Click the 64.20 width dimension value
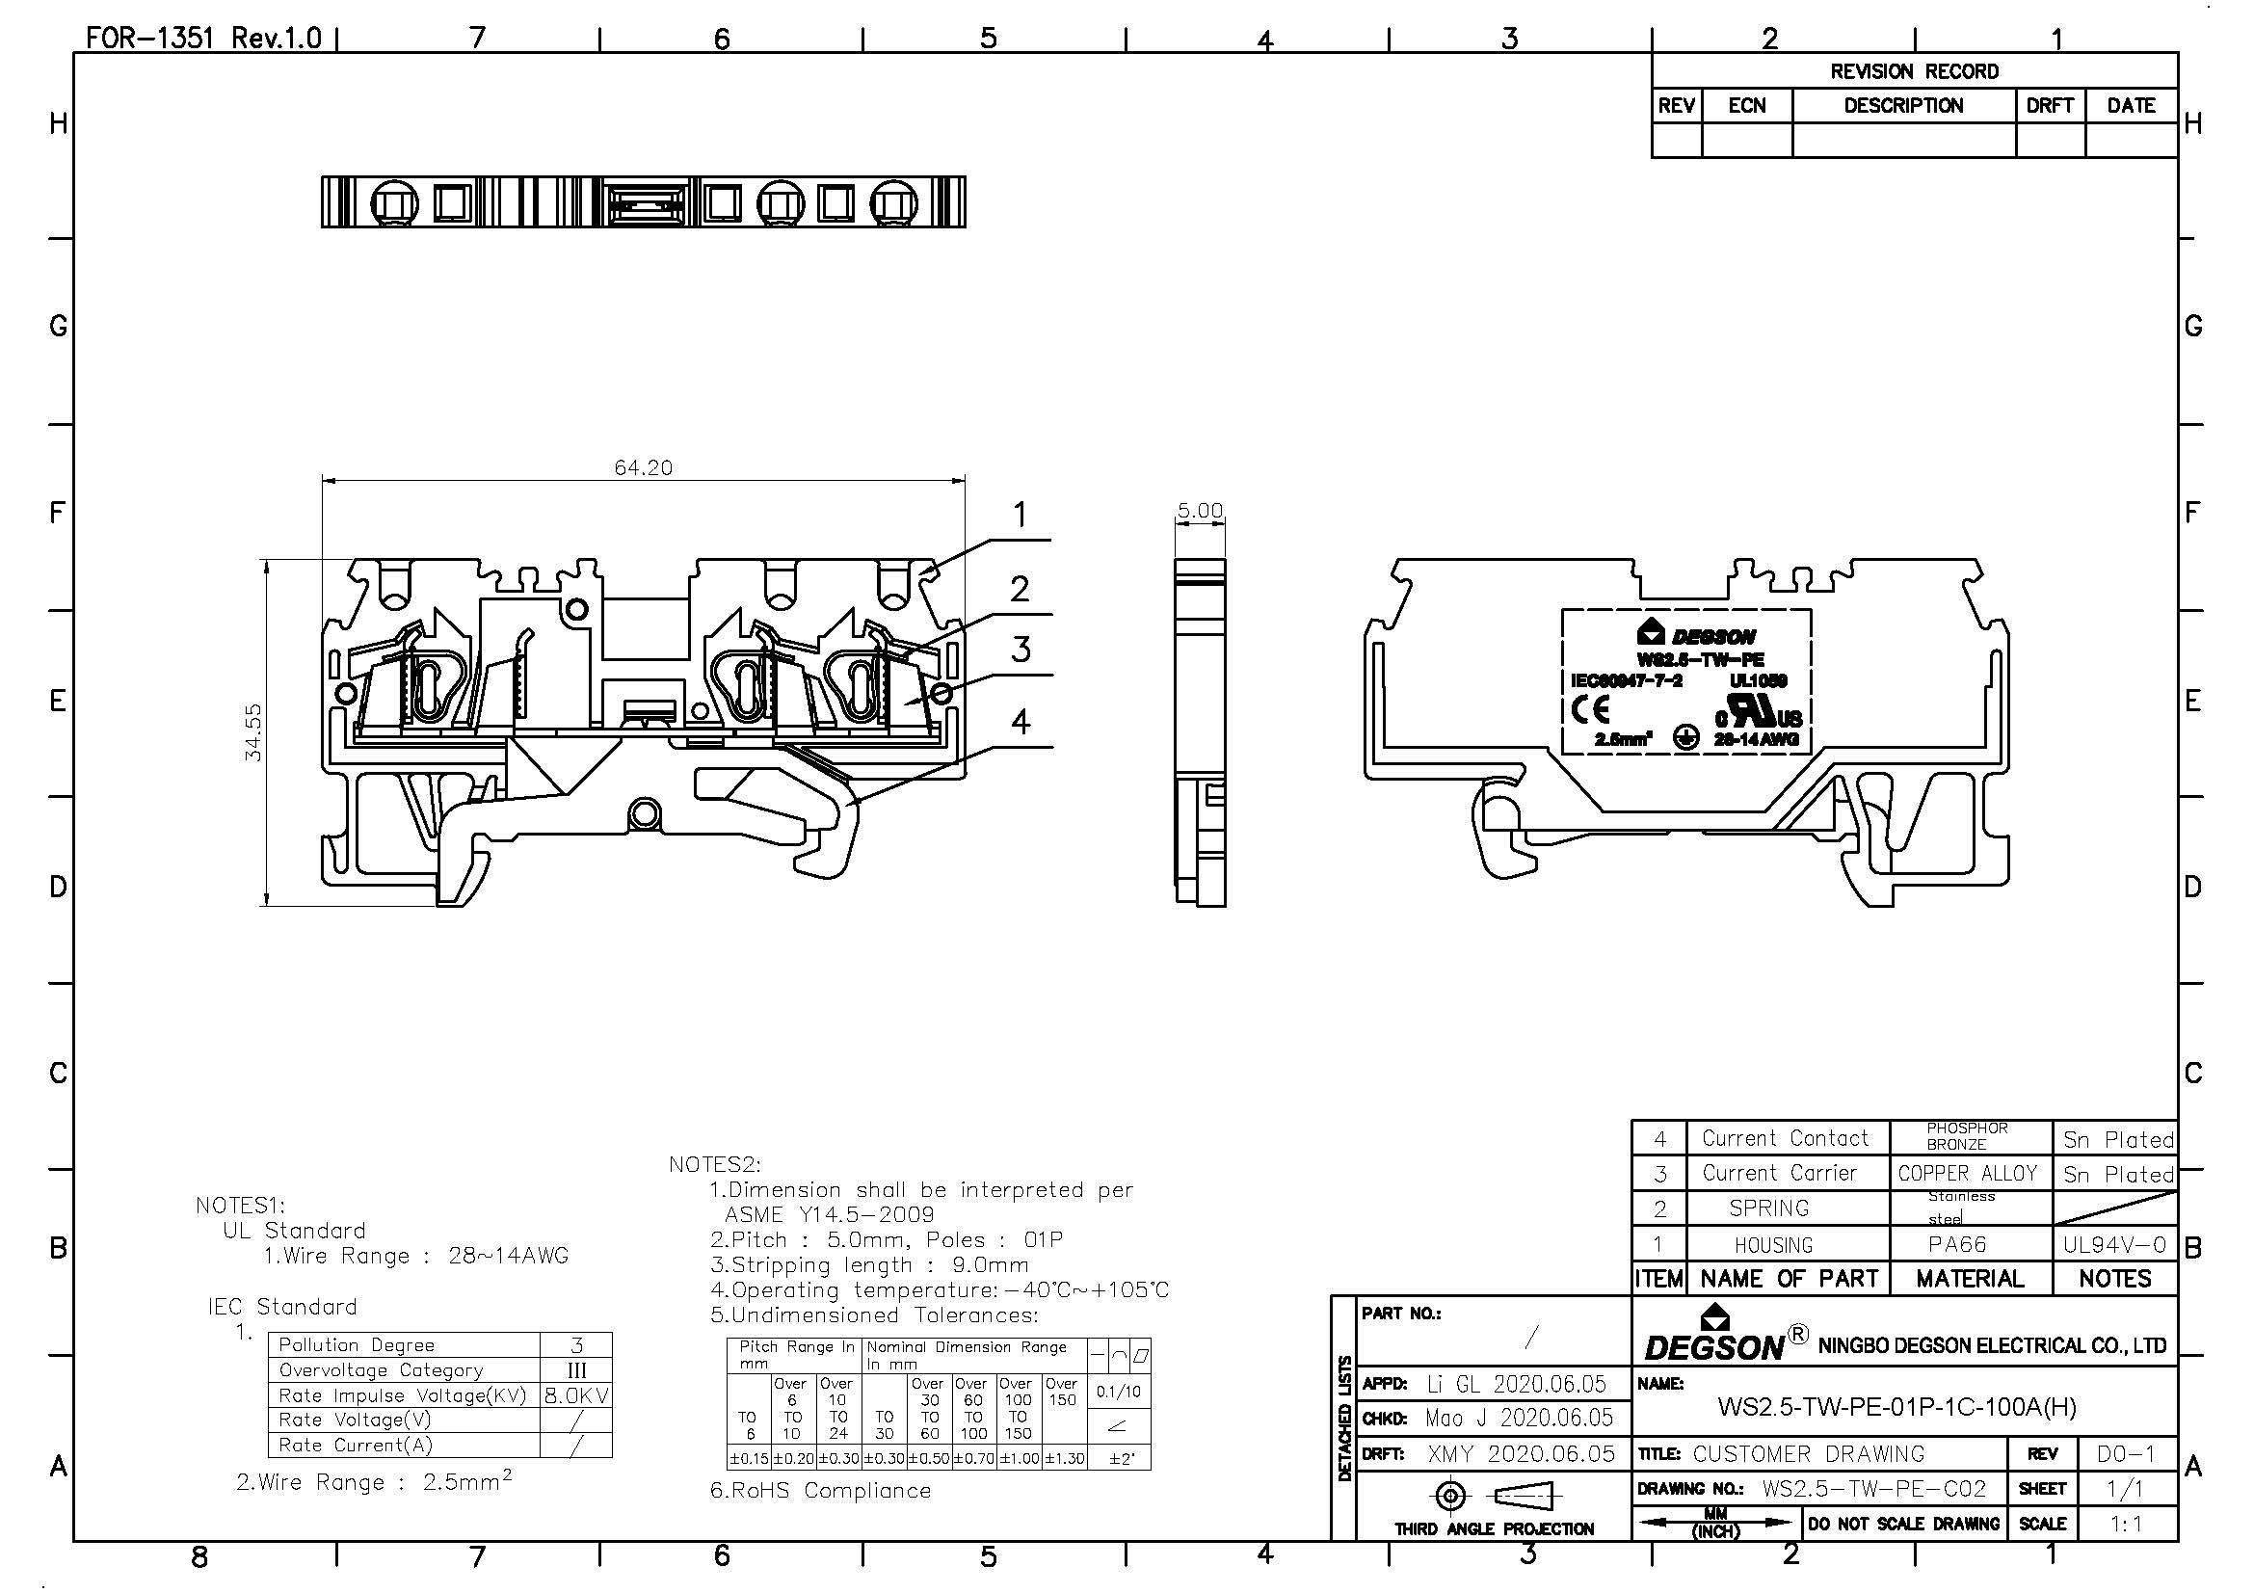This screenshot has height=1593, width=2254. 643,467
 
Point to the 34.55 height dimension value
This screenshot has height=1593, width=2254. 253,732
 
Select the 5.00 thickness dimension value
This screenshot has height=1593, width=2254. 1200,511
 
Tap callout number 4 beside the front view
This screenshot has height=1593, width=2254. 1021,722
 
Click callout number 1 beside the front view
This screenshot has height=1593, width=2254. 1020,515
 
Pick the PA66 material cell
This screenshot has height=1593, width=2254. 1956,1244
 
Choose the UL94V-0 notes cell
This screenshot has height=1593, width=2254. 2113,1244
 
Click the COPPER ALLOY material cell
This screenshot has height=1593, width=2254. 1968,1174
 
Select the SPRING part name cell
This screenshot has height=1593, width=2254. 1769,1208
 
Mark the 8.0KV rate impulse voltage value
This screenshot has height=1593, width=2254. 576,1395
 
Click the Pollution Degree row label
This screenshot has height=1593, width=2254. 357,1344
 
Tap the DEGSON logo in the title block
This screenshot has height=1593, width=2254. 1714,1338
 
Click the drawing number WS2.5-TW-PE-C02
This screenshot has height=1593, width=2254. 1873,1489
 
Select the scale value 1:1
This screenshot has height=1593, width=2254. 2125,1525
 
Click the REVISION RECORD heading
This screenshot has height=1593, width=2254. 1914,71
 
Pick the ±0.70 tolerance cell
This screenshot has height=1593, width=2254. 974,1458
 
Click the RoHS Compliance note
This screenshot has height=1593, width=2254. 820,1491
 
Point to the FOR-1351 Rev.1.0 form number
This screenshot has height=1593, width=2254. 203,39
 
